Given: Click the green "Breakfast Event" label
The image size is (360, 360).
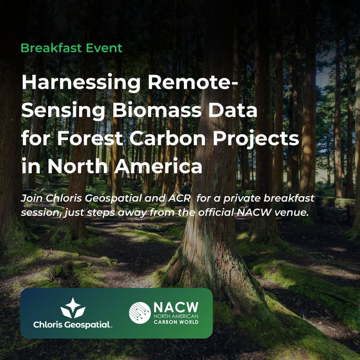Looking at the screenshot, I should tap(72, 48).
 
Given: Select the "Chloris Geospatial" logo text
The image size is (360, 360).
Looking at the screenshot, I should tap(73, 324).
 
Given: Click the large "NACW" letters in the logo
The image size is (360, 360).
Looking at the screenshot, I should tap(176, 306).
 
